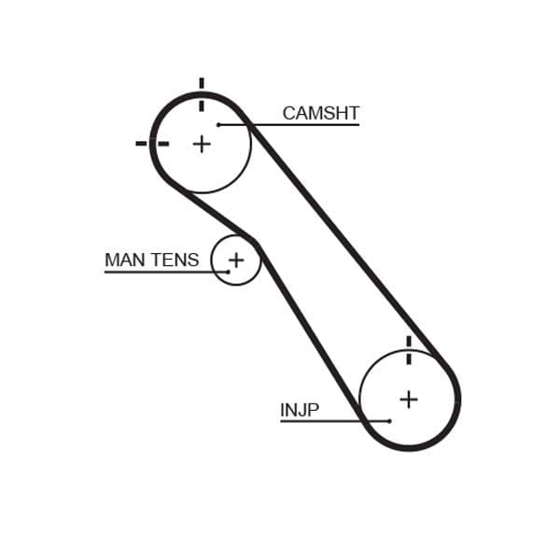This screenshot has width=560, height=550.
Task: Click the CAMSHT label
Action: tap(320, 113)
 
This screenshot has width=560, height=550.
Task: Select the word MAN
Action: tap(126, 260)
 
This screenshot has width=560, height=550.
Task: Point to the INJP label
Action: tap(299, 410)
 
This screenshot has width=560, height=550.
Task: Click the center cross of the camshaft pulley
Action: tap(202, 144)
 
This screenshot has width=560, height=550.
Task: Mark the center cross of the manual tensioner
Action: tap(236, 259)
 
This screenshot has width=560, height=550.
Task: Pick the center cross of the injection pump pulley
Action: tap(409, 399)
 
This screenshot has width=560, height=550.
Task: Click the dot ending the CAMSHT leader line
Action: tap(218, 124)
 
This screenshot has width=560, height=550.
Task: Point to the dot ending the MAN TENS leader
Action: tap(228, 272)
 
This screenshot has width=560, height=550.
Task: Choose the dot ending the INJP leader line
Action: tap(389, 421)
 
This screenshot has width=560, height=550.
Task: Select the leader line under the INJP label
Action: tap(327, 421)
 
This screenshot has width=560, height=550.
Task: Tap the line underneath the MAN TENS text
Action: tap(159, 272)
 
